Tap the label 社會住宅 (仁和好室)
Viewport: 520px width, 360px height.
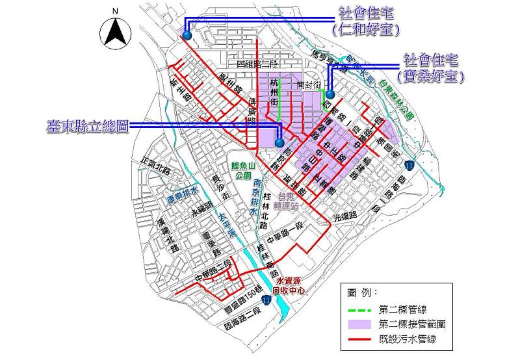(364, 21)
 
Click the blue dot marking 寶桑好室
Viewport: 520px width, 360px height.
(330, 94)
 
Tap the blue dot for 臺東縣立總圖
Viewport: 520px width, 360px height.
(279, 143)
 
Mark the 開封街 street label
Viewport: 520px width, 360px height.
(309, 85)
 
